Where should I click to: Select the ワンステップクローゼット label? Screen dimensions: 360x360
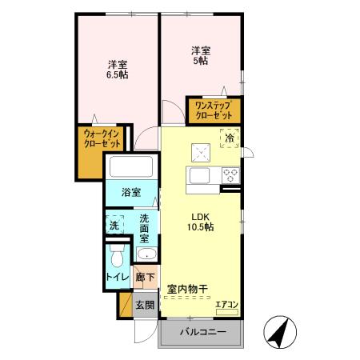click(x=214, y=110)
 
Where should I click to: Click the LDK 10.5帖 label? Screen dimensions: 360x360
click(x=201, y=222)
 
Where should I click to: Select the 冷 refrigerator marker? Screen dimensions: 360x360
click(x=230, y=138)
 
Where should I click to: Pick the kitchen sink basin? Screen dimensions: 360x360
click(x=198, y=174)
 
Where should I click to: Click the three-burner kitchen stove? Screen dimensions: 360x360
click(x=230, y=175)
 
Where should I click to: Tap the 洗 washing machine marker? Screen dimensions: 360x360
click(x=114, y=226)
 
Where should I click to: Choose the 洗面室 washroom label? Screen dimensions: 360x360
click(x=144, y=228)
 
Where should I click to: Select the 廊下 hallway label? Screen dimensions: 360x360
click(x=144, y=278)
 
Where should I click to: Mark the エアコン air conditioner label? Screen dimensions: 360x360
click(x=226, y=303)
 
